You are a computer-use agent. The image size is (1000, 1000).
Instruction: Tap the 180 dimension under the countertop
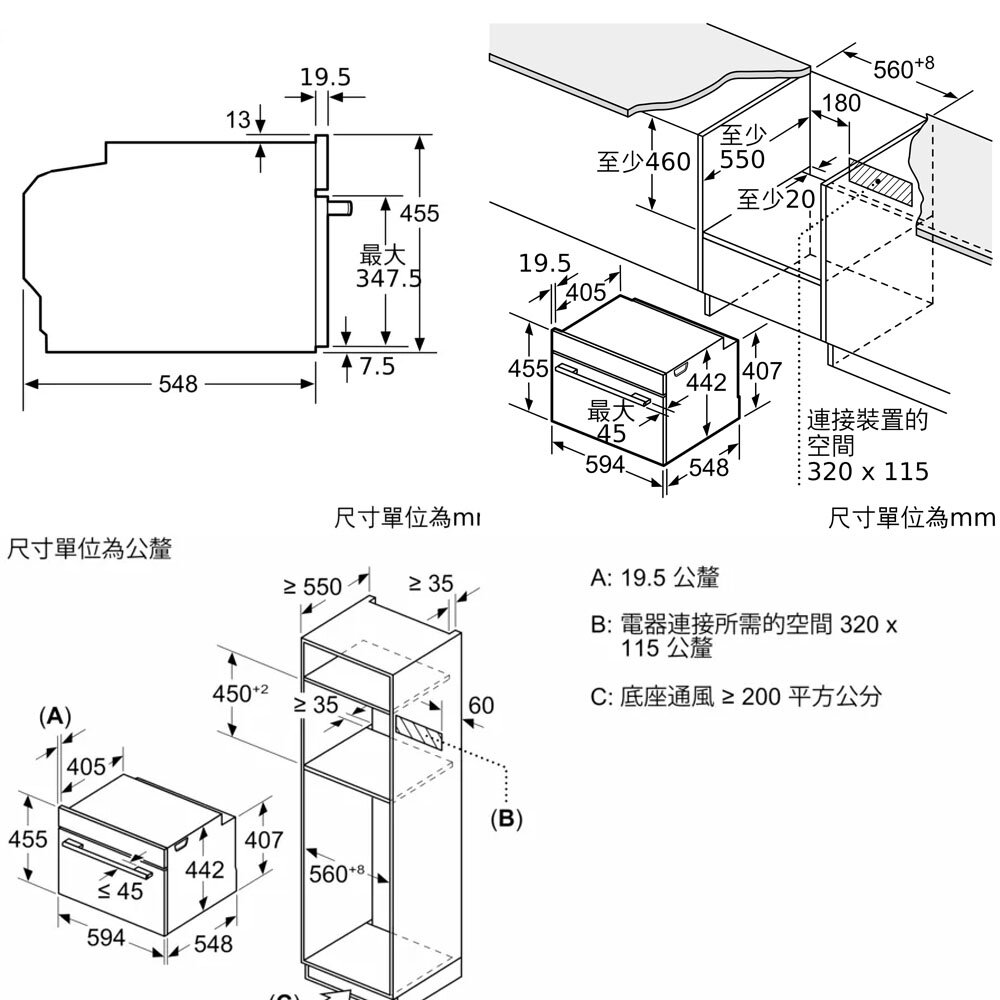[840, 104]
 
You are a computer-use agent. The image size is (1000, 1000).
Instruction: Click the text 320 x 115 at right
[868, 471]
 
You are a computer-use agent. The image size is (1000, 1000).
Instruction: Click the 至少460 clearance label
[643, 161]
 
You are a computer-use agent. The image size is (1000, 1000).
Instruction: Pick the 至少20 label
[776, 199]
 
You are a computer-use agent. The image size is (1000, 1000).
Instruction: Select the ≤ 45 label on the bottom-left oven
[119, 891]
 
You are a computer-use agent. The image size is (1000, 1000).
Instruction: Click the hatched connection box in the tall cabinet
[418, 731]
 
